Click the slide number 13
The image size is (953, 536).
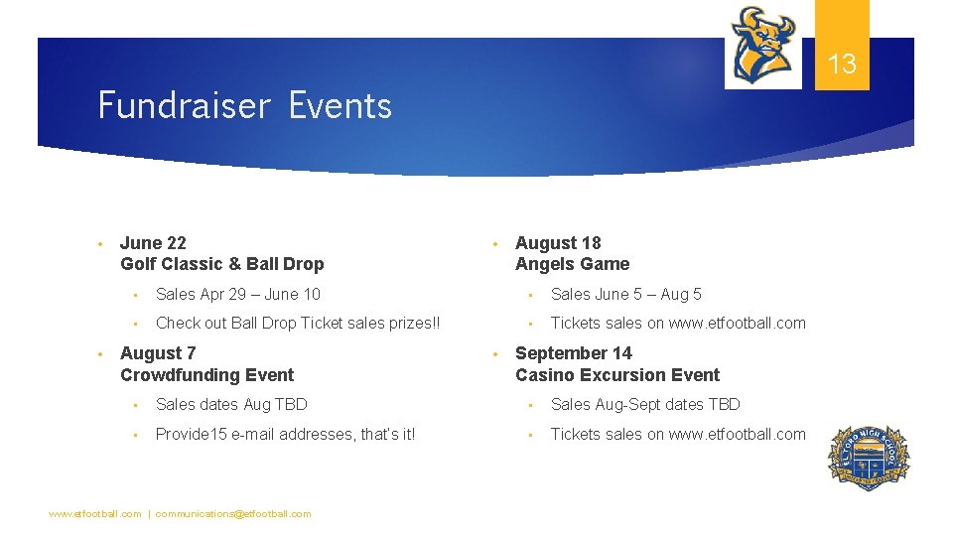tap(842, 66)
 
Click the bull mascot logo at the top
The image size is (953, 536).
tap(762, 46)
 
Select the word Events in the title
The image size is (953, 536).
tap(340, 105)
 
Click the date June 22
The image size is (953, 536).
tap(153, 243)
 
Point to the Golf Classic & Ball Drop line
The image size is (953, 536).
tap(221, 264)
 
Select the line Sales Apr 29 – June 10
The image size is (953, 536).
tap(238, 294)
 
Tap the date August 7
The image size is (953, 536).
tap(158, 353)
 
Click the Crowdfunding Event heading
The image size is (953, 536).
tap(206, 375)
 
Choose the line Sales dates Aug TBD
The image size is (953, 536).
tap(231, 404)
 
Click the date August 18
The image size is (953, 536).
tap(558, 243)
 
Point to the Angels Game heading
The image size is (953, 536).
tap(572, 264)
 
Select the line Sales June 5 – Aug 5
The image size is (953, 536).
tap(625, 294)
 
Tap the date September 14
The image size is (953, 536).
tap(573, 353)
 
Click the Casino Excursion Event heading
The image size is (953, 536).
tap(616, 375)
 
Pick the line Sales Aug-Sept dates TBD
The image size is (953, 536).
tap(645, 404)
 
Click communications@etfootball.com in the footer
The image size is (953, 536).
tap(233, 514)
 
